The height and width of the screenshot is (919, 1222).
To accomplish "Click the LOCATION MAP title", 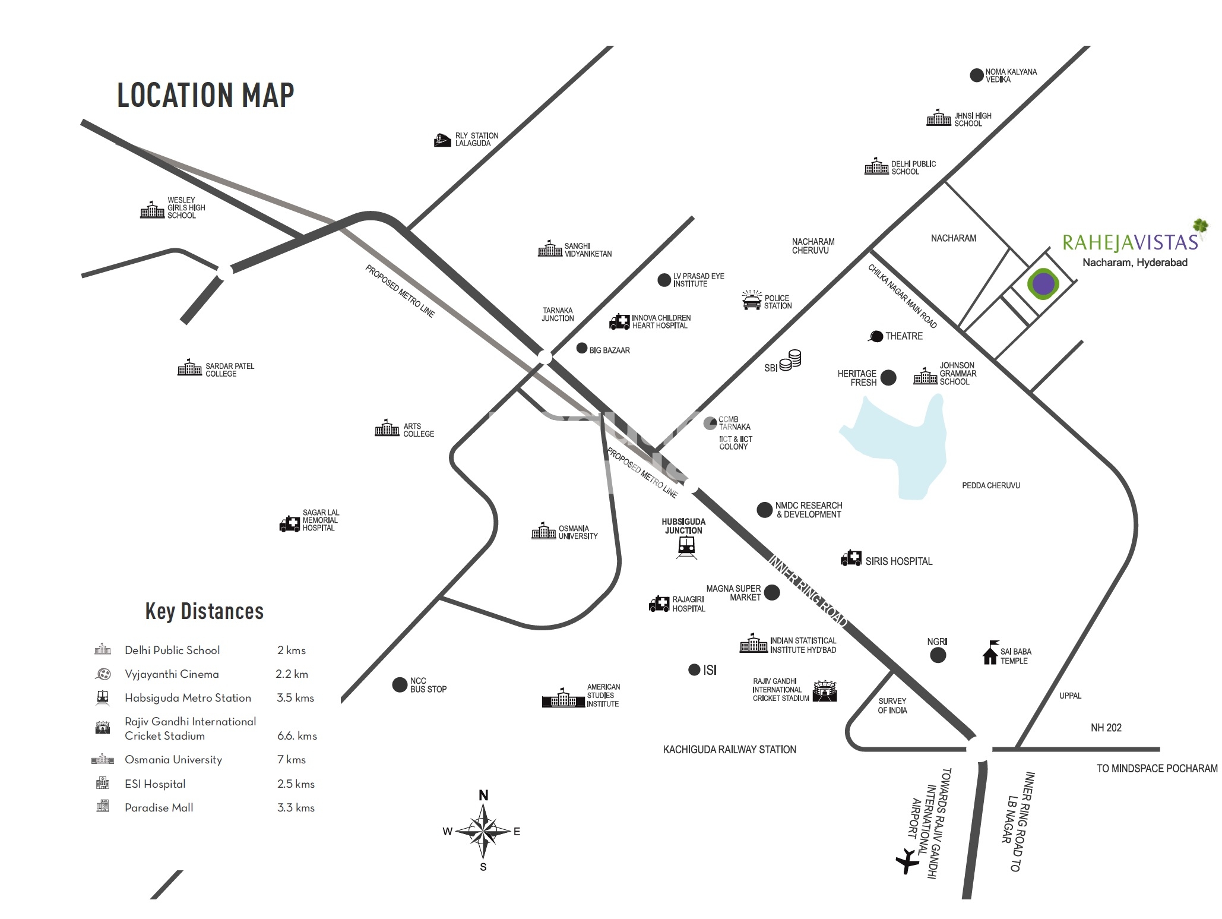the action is pos(205,95).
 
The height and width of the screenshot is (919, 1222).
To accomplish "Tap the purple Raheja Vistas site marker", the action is pos(1043,284).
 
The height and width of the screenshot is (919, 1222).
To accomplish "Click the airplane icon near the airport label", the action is pos(907,862).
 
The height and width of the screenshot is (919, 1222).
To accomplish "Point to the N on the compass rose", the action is pos(483,795).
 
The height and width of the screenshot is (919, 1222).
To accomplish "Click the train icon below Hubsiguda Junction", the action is pos(687,547).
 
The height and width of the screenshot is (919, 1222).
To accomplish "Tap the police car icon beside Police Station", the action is pos(751,301).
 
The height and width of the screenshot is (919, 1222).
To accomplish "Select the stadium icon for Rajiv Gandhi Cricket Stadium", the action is pos(825,691).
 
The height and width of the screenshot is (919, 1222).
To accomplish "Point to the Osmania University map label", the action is pos(578,532).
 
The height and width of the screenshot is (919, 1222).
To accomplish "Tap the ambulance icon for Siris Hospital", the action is pos(851,558).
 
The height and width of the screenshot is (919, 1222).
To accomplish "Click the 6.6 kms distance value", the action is pos(297,736).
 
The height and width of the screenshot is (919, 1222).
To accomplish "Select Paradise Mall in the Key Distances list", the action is pos(159,808).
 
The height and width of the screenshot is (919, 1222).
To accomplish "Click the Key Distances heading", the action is pos(204,611).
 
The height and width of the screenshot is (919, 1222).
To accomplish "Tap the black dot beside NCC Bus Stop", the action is pos(400,685).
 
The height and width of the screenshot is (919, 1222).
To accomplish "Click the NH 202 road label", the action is pos(1106,728).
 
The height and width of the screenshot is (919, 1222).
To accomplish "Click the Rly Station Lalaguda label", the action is pos(477,140).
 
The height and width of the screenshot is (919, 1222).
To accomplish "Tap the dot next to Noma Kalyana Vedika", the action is pos(976,75).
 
